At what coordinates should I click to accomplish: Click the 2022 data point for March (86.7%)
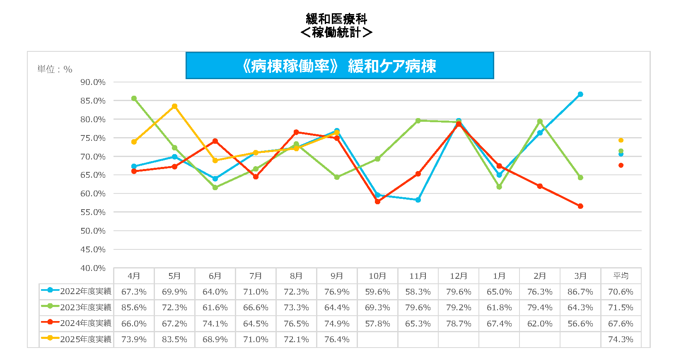click(x=580, y=94)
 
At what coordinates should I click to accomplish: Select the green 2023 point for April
click(x=134, y=99)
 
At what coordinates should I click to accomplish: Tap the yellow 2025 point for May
click(x=174, y=106)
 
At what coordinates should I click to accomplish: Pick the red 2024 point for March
click(x=580, y=206)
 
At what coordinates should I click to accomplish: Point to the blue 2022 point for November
click(x=418, y=200)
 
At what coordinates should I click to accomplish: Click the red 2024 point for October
click(x=377, y=202)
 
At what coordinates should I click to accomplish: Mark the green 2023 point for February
click(x=540, y=121)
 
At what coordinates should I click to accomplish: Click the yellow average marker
click(x=621, y=140)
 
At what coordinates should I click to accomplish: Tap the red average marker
click(x=621, y=165)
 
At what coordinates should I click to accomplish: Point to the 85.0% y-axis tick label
click(x=93, y=101)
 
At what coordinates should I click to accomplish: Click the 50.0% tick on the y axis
click(x=93, y=231)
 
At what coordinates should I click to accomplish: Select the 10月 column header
click(x=377, y=276)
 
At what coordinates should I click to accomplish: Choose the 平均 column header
click(x=621, y=276)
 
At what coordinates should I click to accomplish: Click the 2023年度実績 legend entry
click(x=77, y=307)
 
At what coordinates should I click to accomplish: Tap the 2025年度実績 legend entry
click(x=77, y=339)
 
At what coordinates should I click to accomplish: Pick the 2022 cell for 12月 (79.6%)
click(x=459, y=292)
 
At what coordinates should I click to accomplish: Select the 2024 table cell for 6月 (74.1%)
click(x=215, y=324)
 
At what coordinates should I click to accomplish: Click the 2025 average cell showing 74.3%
click(x=621, y=339)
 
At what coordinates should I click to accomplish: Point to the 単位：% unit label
click(x=55, y=69)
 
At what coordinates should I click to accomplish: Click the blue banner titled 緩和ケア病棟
click(x=340, y=65)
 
